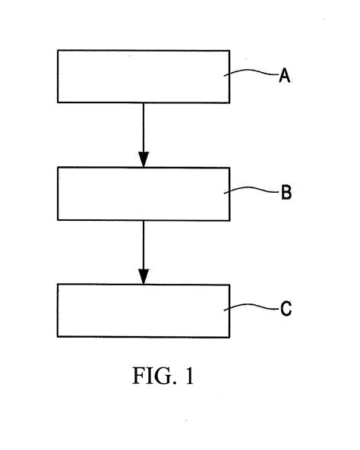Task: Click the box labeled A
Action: (x=144, y=76)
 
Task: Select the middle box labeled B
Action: (x=144, y=194)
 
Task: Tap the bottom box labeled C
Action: (x=144, y=310)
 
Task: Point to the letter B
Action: (x=286, y=193)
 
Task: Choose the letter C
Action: (x=286, y=310)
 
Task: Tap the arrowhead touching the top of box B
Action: (x=144, y=159)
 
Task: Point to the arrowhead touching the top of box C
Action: (x=144, y=276)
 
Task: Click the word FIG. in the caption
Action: (x=147, y=376)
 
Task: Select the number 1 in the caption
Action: (x=188, y=376)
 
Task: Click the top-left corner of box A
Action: (x=58, y=51)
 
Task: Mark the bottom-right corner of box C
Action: (x=229, y=336)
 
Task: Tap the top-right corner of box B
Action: (x=229, y=168)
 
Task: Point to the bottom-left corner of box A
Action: (x=58, y=102)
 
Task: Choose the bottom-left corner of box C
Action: (x=58, y=336)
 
